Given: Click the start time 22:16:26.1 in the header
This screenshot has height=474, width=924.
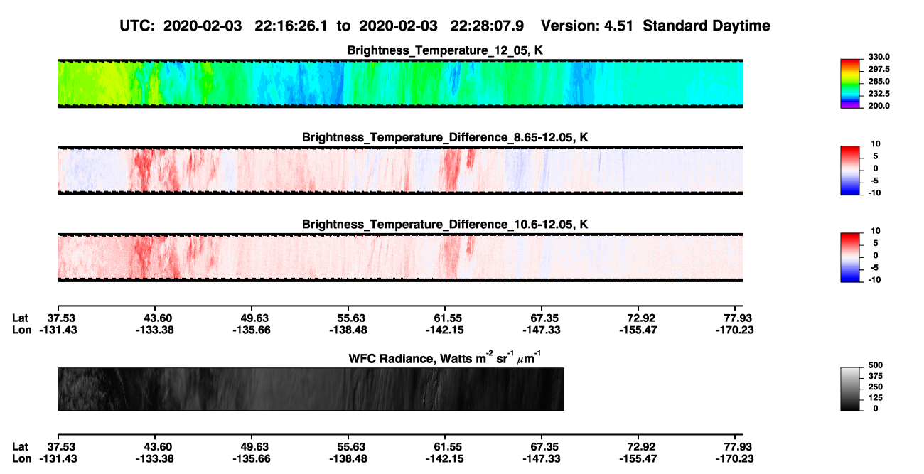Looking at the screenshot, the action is [x=291, y=26].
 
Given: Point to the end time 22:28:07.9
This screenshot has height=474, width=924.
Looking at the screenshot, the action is [x=487, y=26].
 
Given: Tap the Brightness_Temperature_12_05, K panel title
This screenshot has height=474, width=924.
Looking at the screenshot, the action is [x=445, y=50].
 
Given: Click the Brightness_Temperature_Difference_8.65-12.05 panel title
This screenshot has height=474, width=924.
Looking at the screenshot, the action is [x=445, y=137].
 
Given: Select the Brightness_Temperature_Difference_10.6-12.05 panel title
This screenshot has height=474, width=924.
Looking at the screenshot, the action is [x=445, y=225].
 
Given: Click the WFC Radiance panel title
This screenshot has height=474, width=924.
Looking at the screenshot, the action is [x=445, y=358].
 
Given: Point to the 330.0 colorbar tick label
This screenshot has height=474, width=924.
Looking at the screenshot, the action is [x=879, y=57].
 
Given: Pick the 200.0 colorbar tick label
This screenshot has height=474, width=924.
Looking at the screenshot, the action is [x=879, y=106].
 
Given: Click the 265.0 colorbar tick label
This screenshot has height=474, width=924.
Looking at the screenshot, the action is [x=879, y=81].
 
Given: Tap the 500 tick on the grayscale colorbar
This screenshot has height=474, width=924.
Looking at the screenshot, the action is [x=876, y=365].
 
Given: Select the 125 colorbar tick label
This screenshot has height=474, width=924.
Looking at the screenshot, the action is [x=876, y=398].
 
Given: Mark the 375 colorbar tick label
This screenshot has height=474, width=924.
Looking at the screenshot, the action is [x=876, y=376].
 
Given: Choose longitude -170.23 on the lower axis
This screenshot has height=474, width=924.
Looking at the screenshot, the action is [x=735, y=459].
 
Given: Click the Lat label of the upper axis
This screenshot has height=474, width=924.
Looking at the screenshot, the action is [x=20, y=318].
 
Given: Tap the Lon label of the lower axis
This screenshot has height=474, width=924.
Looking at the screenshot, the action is [x=21, y=459].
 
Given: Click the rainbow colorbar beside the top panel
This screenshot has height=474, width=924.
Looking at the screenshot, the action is [x=850, y=84].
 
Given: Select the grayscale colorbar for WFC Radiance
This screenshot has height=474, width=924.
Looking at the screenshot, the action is [x=850, y=389].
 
